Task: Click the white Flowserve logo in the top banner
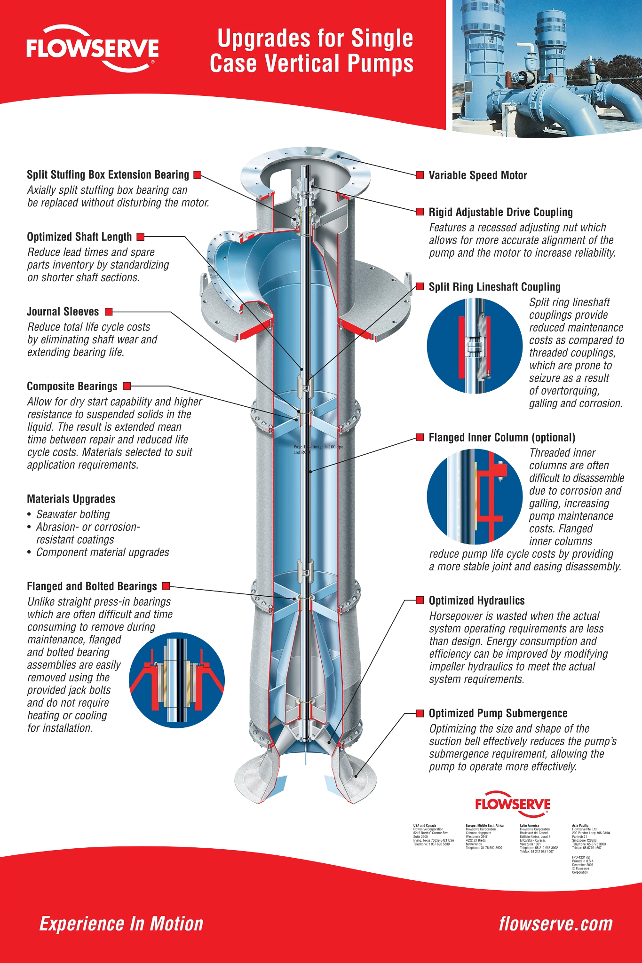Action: pos(92,49)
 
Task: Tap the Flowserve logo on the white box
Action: pos(513,804)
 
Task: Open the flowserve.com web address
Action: pos(556,924)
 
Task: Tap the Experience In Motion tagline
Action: pos(121,924)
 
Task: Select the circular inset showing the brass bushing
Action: pos(177,680)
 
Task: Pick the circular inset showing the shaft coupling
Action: pos(474,346)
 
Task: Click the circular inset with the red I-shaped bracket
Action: pos(474,497)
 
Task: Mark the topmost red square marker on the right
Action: pos(420,175)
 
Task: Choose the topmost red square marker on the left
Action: pos(198,175)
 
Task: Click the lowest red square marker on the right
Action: pos(420,713)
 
